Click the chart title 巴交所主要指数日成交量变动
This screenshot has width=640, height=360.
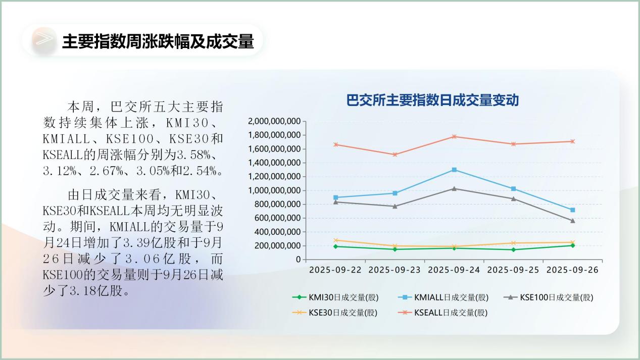(432, 100)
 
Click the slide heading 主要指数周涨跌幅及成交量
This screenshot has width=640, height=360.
(158, 41)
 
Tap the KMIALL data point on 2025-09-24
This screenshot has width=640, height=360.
(454, 170)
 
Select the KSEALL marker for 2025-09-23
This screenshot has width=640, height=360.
(395, 155)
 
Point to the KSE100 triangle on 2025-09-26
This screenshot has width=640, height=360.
(573, 221)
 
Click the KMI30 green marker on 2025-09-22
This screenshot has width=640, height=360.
(336, 246)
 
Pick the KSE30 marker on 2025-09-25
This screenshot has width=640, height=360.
(514, 243)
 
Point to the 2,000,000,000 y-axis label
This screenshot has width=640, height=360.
(275, 121)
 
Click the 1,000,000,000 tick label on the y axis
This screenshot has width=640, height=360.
(275, 190)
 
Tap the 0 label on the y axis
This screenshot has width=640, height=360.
(299, 260)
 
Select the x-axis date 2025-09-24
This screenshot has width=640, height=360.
(454, 270)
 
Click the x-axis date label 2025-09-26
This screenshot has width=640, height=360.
(573, 270)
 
